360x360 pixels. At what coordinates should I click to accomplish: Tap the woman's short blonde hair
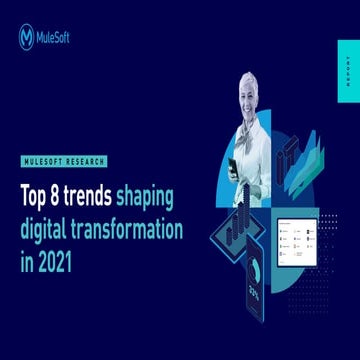tap(246, 81)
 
